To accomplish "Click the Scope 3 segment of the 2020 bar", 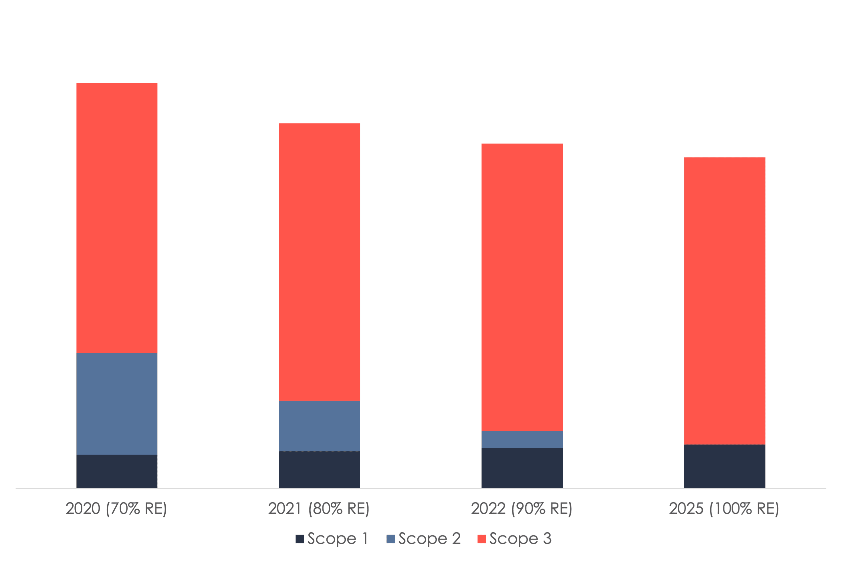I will tap(117, 218).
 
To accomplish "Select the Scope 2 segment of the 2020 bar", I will tap(117, 404).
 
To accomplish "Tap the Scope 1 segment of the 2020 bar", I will tap(117, 471).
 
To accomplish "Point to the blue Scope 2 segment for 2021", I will tap(320, 426).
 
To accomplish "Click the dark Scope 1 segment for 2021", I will tap(320, 470).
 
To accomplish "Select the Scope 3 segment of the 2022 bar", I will tap(522, 287).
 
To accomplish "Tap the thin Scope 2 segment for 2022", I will tap(522, 439).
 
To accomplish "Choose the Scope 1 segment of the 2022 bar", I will tap(522, 468).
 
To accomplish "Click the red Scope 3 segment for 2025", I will tap(725, 301).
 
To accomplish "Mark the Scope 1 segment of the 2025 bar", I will tap(725, 466).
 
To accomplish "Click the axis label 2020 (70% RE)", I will tap(117, 509).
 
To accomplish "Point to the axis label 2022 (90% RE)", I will tap(522, 509).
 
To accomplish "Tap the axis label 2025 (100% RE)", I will tap(724, 509).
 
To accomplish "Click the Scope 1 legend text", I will tap(338, 539).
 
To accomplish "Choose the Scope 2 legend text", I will tap(429, 539).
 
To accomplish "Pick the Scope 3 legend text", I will tap(520, 539).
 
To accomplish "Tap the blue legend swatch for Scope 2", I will tap(390, 539).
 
